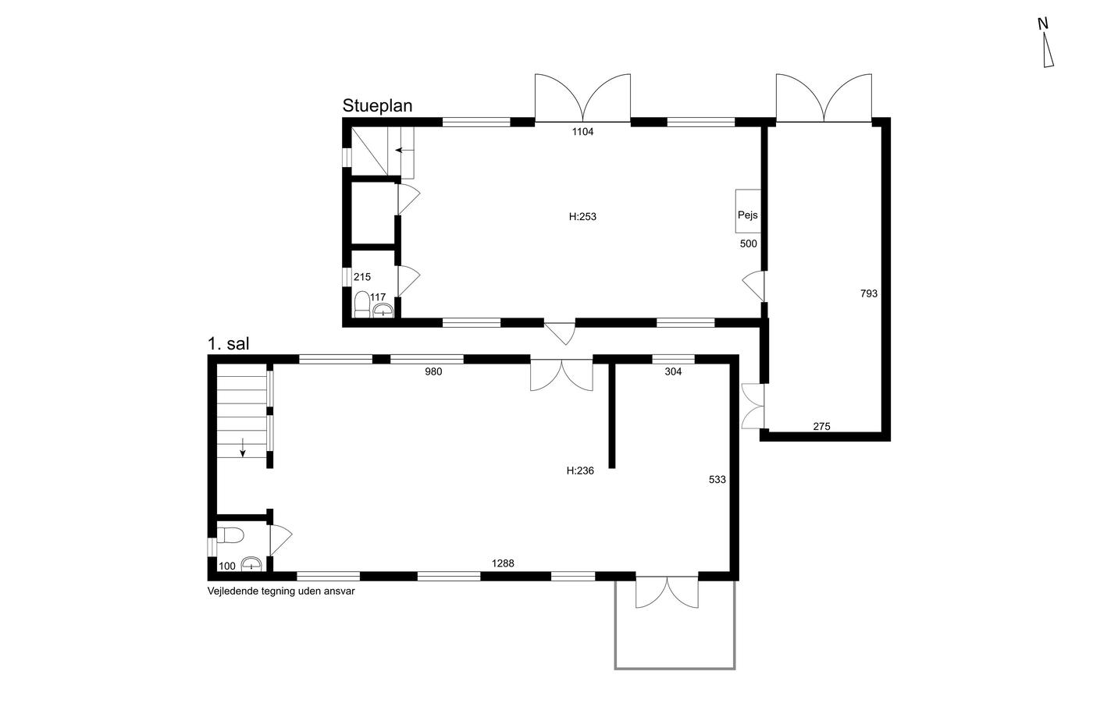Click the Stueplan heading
(x=377, y=106)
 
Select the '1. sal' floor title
(x=228, y=344)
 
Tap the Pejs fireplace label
(x=748, y=215)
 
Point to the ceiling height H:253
(x=582, y=216)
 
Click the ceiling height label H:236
(x=580, y=471)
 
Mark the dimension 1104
(x=582, y=132)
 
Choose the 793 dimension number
(x=868, y=293)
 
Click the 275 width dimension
(x=821, y=427)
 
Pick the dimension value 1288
(x=503, y=563)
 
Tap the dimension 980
(x=433, y=371)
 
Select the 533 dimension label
(x=717, y=480)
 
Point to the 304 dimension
(x=673, y=371)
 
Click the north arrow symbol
(x=1048, y=50)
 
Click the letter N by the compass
(x=1043, y=23)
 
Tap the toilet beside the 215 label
(x=362, y=305)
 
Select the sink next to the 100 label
(x=251, y=565)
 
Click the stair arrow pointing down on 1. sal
(x=243, y=448)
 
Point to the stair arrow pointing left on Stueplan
(x=404, y=150)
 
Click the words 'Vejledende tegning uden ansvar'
(x=281, y=591)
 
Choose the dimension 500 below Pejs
(x=749, y=243)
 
